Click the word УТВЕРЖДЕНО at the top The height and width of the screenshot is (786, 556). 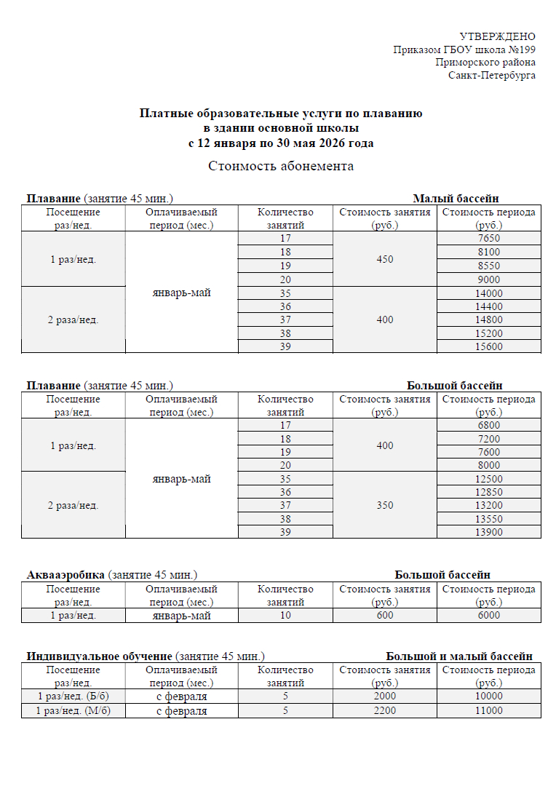[x=498, y=36]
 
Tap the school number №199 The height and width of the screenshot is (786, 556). [x=521, y=49]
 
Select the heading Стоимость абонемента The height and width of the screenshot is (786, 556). [x=281, y=166]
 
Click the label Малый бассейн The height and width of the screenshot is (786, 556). [x=456, y=199]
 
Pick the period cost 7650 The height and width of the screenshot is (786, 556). [x=489, y=239]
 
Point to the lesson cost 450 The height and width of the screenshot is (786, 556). [x=385, y=259]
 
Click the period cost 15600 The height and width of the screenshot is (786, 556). [x=489, y=347]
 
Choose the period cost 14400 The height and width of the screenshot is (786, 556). [x=489, y=306]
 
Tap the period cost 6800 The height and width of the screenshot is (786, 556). [x=489, y=425]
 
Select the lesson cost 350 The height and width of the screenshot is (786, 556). [x=385, y=505]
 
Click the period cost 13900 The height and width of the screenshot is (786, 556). [x=489, y=533]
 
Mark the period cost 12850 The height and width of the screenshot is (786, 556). [x=489, y=492]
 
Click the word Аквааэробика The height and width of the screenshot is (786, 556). [x=66, y=575]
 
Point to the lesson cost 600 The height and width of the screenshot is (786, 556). [x=385, y=616]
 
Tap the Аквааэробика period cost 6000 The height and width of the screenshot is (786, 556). [x=489, y=616]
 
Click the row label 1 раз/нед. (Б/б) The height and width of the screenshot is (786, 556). [x=73, y=696]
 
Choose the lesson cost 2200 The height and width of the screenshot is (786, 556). [x=385, y=710]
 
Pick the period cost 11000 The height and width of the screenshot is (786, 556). [x=489, y=710]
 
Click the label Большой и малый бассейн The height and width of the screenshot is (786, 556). [x=459, y=656]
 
